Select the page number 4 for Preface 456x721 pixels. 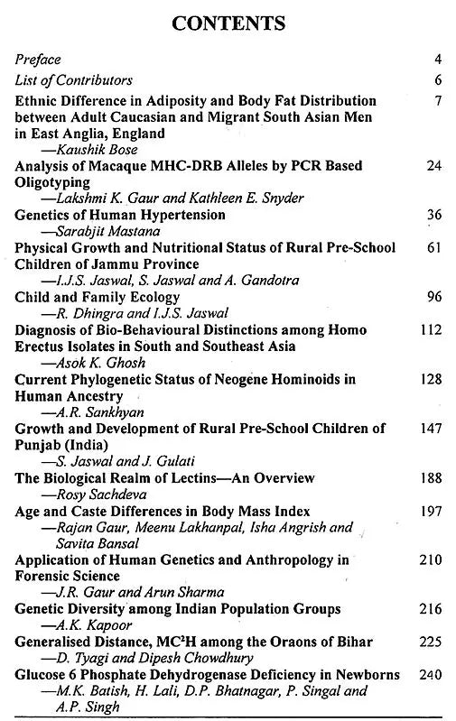click(x=437, y=60)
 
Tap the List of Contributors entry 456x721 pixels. click(x=73, y=80)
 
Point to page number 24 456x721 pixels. click(x=433, y=166)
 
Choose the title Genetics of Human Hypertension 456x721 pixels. click(x=120, y=215)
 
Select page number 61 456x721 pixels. click(x=433, y=247)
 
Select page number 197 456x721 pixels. click(x=431, y=511)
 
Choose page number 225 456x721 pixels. click(x=431, y=642)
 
